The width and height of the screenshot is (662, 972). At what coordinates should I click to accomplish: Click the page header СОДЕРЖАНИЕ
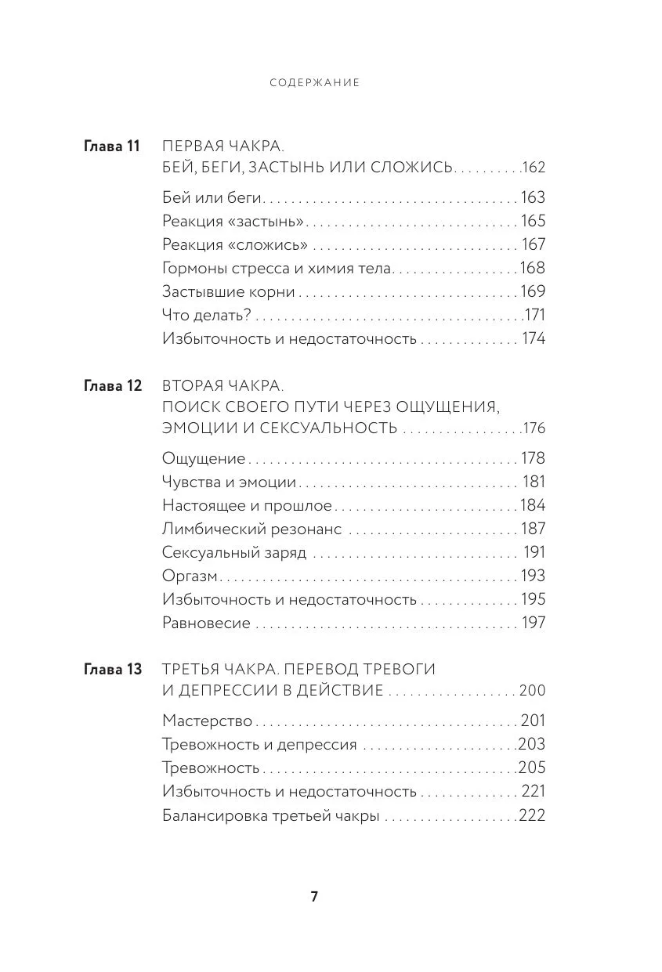point(314,82)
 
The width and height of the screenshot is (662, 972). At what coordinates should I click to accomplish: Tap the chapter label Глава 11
point(111,146)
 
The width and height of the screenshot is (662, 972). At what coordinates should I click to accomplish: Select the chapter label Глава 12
point(111,385)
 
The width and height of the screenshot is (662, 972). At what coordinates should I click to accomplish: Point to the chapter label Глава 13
point(111,670)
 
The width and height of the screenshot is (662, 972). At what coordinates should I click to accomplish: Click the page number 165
point(532,221)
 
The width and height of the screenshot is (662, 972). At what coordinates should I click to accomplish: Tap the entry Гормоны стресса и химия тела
point(276,268)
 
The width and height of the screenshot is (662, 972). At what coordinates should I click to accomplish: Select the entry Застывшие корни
point(228,291)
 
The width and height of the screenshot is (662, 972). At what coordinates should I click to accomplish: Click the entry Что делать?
point(206,315)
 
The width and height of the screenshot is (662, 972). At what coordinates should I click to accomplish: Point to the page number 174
point(532,338)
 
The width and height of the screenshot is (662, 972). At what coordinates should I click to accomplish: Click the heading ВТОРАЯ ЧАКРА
point(222,385)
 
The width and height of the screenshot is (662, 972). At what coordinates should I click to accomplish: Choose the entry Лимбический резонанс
point(251,529)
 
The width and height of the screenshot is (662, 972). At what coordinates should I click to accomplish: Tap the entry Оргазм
point(190,576)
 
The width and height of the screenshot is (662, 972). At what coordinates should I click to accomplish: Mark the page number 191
point(534,552)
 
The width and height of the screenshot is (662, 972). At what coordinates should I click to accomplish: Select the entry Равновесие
point(206,623)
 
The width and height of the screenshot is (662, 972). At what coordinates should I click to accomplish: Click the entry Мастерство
point(207,721)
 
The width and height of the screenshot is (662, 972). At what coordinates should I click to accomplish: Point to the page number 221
point(533,791)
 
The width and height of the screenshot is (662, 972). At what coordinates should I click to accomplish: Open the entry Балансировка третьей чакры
point(270,815)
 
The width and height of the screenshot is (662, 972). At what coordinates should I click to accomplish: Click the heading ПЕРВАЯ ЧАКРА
point(222,146)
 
